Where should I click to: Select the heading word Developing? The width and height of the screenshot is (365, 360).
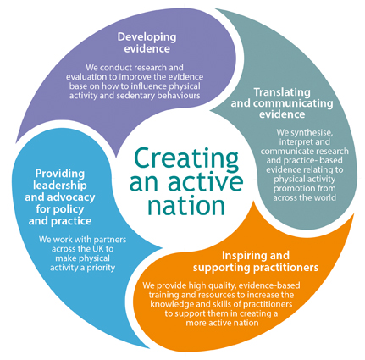click(x=147, y=37)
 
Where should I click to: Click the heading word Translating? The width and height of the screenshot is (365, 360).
click(x=282, y=92)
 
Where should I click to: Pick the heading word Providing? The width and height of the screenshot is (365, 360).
click(x=60, y=174)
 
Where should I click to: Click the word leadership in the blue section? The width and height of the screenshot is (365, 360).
click(x=60, y=186)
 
